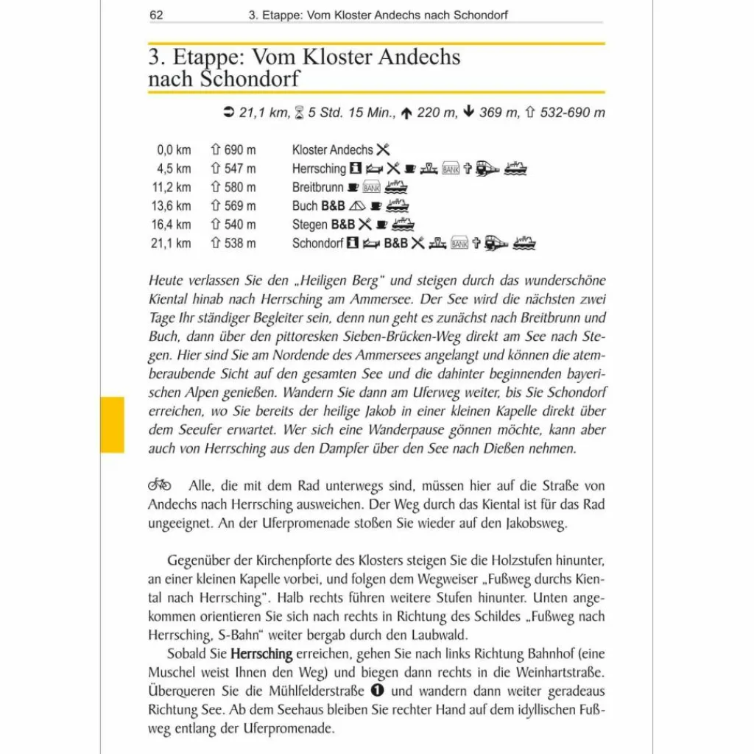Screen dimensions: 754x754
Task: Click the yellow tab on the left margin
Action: point(112,424)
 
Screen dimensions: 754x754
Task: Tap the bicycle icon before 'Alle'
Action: point(160,485)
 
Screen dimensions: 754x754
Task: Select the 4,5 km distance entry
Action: point(174,169)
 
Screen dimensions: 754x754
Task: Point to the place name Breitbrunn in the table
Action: point(317,188)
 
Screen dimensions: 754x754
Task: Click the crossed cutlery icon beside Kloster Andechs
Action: point(383,149)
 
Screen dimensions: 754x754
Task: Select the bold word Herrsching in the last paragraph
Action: point(261,653)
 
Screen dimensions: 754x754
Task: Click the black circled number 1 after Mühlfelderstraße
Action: point(378,691)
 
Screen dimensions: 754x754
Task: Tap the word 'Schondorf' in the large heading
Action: point(250,78)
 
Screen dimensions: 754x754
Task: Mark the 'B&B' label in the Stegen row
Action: point(342,225)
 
